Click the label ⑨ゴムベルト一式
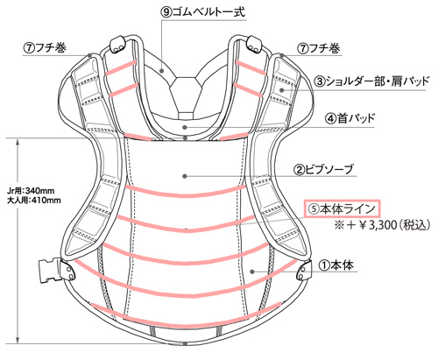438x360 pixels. pos(203,12)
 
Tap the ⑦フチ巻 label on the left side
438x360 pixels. pos(45,48)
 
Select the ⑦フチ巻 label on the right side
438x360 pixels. pos(319,48)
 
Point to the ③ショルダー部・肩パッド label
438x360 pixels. pos(372,81)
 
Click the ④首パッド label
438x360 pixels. pos(350,118)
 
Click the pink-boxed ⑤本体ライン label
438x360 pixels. pos(343,208)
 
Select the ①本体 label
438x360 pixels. pos(336,265)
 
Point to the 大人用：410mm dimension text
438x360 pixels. pos(34,201)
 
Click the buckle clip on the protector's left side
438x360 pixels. pos(50,272)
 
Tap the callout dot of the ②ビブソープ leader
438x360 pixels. pos(185,176)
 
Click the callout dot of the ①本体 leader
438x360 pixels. pos(252,272)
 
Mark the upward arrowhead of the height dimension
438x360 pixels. pos(18,143)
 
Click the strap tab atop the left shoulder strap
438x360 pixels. pos(118,45)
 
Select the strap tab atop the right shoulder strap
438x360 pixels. pos(254,45)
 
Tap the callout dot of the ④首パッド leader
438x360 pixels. pos(185,127)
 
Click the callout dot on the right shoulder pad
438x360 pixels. pos(282,89)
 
